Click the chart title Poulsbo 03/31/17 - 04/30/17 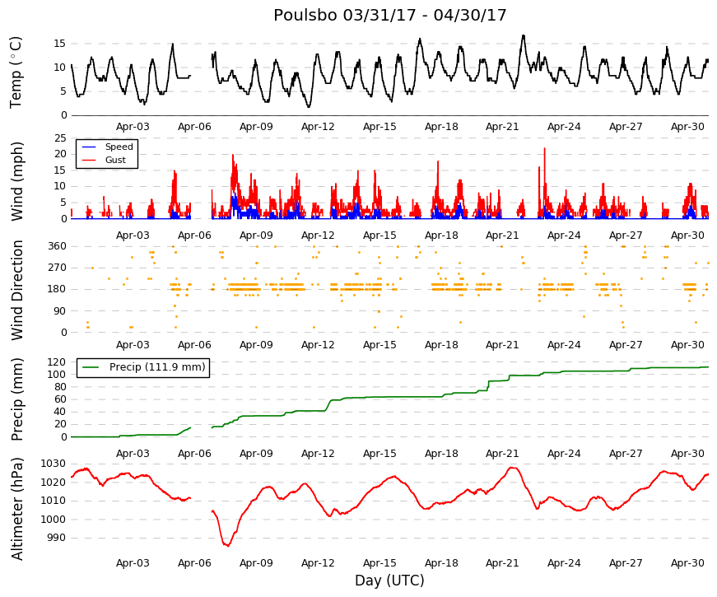[389, 15]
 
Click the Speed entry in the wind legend [119, 147]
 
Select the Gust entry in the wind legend [115, 160]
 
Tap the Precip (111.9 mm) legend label [157, 367]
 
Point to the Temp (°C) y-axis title [16, 72]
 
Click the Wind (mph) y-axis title [16, 181]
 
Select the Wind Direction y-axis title [16, 290]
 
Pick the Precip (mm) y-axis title [16, 399]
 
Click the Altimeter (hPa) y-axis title [16, 508]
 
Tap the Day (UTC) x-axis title [389, 581]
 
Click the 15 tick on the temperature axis [60, 44]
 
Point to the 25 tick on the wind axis [60, 138]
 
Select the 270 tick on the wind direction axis [57, 268]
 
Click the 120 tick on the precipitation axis [57, 361]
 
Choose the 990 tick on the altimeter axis [57, 538]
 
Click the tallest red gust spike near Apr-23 [545, 148]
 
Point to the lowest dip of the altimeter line [227, 545]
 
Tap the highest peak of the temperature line [524, 35]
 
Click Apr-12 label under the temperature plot [318, 127]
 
